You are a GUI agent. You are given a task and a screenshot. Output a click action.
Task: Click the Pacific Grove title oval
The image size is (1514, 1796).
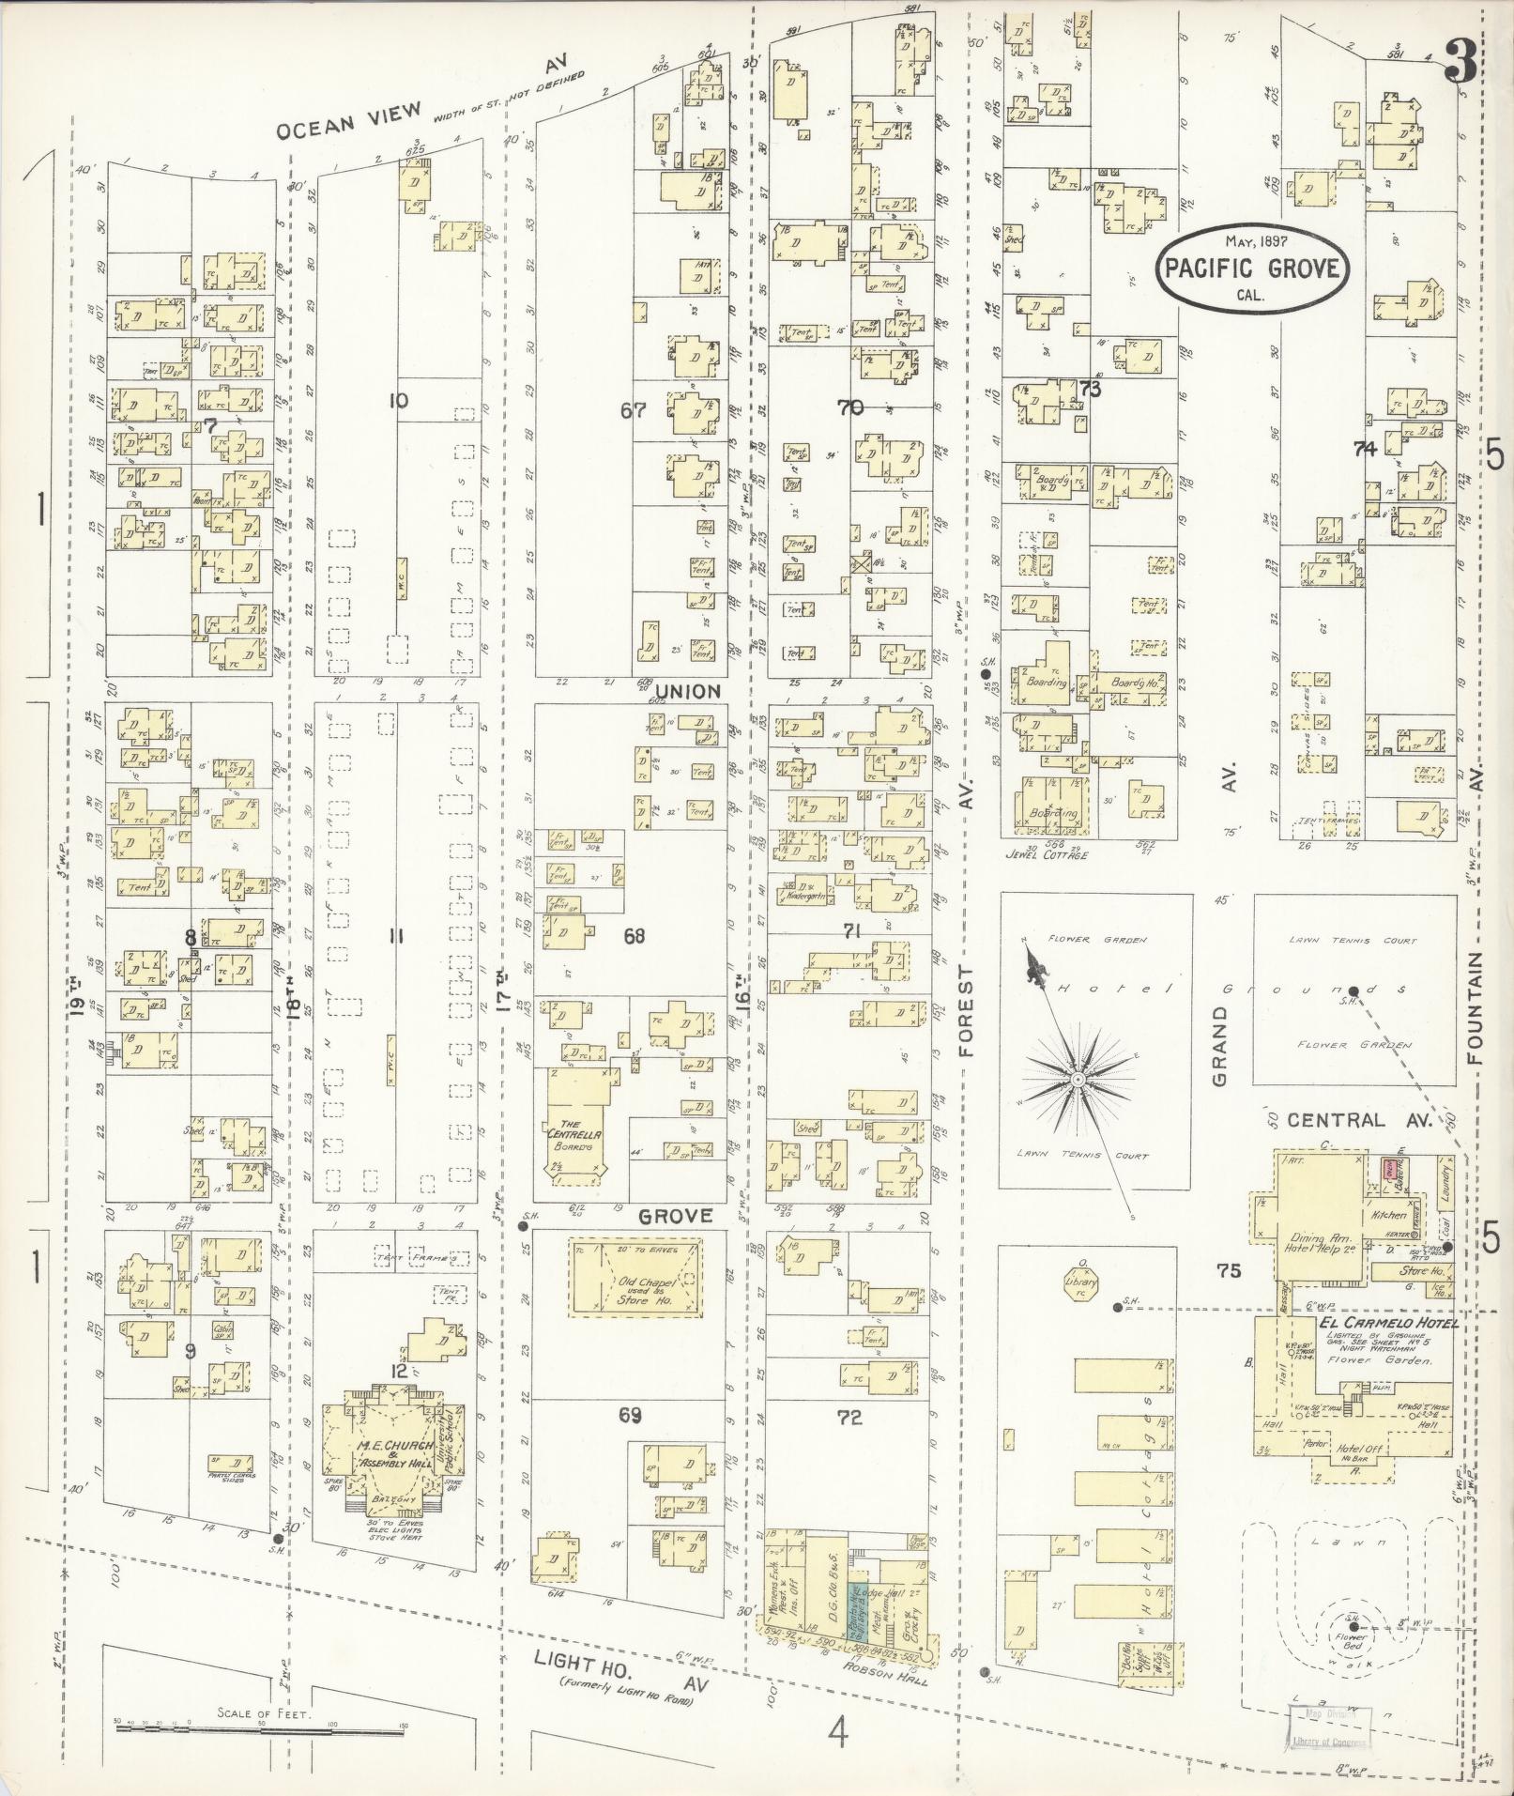point(1252,268)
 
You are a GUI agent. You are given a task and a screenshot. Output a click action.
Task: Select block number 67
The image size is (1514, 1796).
point(635,409)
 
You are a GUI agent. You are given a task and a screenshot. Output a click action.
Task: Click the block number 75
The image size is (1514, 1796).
point(1228,1271)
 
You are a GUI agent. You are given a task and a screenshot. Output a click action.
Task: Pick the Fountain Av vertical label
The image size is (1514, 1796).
point(1476,1009)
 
